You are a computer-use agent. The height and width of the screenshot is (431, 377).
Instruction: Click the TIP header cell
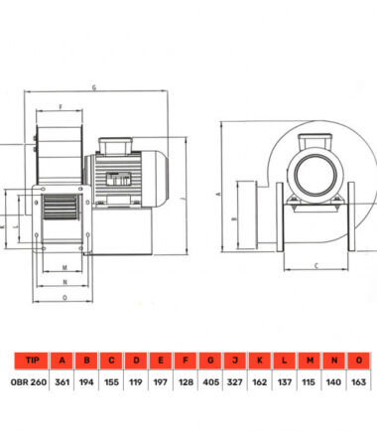[32, 360]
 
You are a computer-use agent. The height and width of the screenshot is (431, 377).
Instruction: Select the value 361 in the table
[63, 382]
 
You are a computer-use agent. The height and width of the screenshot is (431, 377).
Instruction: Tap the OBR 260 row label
[29, 382]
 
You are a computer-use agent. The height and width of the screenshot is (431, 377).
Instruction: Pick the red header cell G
[210, 360]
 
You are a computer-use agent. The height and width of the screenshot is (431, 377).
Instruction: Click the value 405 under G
[211, 382]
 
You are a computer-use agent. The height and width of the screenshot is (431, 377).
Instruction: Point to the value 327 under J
[235, 382]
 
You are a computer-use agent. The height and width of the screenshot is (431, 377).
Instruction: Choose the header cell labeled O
[359, 360]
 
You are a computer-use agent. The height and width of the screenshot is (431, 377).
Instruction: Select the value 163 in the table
[358, 382]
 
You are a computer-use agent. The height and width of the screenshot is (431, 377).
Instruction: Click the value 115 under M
[309, 382]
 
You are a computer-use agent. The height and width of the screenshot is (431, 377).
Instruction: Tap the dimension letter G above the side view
[94, 87]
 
